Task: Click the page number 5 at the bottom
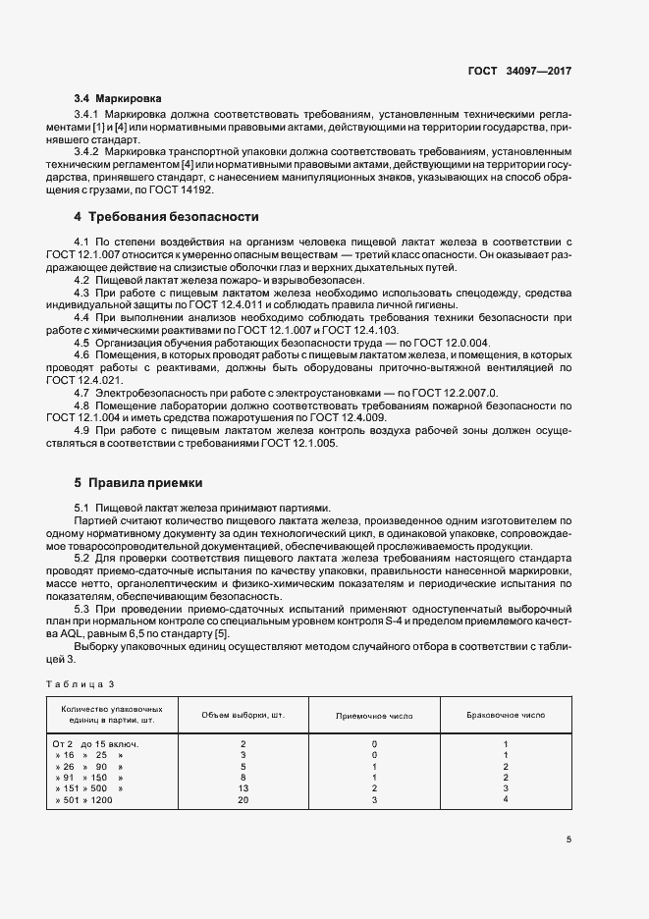tap(568, 838)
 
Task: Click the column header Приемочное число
tap(374, 715)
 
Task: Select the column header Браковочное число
tap(506, 715)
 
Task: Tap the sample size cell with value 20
tap(243, 800)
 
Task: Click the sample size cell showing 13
tap(243, 788)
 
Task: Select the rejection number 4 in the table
tap(506, 800)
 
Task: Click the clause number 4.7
tap(82, 393)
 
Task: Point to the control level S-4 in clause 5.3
tap(399, 622)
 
